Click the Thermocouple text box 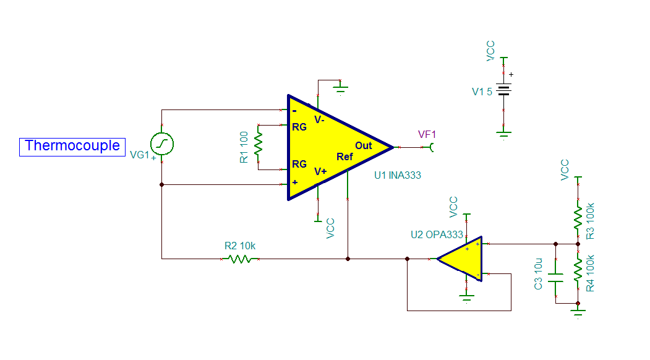[72, 146]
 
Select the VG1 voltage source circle [162, 144]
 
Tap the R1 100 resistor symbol [259, 146]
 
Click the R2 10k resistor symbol [240, 259]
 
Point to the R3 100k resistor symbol [578, 216]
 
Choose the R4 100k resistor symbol [578, 270]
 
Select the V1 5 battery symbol [504, 90]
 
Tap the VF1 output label [427, 134]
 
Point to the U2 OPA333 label [436, 234]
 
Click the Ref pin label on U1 [344, 157]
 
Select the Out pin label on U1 [364, 145]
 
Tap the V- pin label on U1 [319, 120]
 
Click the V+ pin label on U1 [320, 171]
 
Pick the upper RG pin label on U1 [299, 128]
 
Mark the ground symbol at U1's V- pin [340, 88]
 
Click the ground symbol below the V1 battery [504, 132]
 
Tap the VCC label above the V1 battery [490, 51]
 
